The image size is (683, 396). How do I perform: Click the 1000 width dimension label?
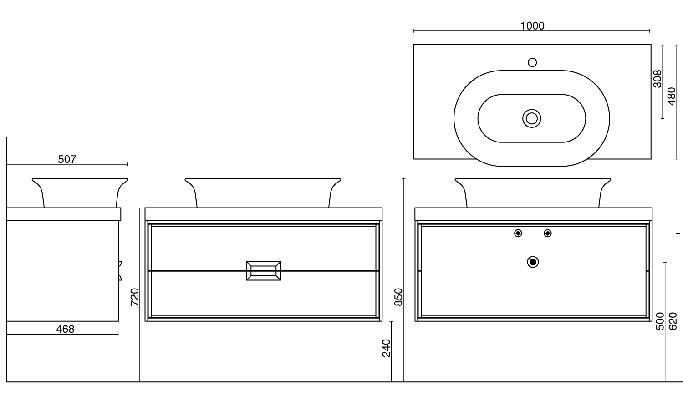532,26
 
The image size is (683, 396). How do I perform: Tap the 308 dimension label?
658,79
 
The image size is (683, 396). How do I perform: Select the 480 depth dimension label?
672,96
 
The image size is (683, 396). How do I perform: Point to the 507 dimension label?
67,159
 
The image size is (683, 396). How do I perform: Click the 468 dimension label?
65,329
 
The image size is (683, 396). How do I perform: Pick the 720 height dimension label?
134,297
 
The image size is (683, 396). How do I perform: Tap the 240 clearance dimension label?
386,348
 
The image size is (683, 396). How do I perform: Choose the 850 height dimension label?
398,297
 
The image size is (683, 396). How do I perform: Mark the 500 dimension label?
660,321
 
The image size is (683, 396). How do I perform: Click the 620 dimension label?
673,321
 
